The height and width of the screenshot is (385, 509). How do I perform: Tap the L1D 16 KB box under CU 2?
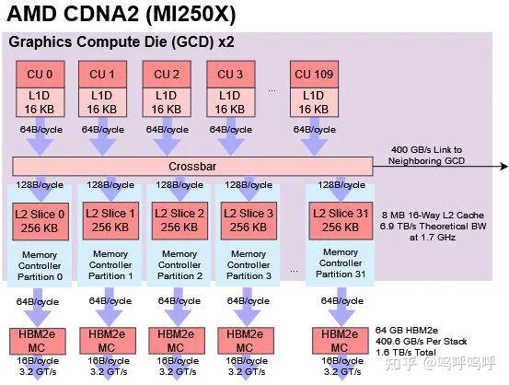click(168, 101)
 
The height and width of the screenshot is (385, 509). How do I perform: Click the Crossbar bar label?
click(191, 167)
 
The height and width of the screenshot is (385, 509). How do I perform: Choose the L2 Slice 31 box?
click(337, 222)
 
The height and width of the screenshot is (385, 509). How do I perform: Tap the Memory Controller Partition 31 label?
click(337, 264)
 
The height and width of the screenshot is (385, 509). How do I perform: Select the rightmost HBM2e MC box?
click(337, 338)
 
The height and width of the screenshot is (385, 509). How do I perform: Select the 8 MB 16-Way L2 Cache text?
click(435, 210)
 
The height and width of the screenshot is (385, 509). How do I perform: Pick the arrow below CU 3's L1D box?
click(229, 138)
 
